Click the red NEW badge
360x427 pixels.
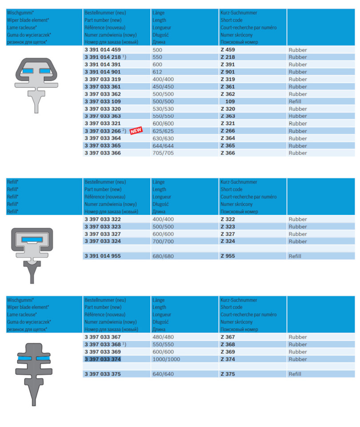click(x=136, y=131)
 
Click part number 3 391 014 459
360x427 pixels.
click(x=102, y=50)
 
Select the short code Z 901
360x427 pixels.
click(x=228, y=72)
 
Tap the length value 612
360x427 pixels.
click(x=157, y=72)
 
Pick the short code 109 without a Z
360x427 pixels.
click(x=230, y=101)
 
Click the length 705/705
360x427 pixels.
click(x=163, y=153)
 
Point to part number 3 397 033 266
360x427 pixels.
click(x=102, y=131)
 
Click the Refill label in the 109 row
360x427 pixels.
click(x=295, y=101)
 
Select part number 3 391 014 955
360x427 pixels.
click(x=102, y=256)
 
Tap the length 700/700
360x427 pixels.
click(x=163, y=242)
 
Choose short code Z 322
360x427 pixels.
click(x=228, y=219)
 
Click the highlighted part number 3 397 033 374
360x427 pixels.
click(x=102, y=359)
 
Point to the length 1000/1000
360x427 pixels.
click(x=166, y=359)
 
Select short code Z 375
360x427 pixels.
click(x=228, y=374)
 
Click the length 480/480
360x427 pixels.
click(x=163, y=337)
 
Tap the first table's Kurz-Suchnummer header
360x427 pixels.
click(x=239, y=13)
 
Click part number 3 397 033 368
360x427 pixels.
click(x=102, y=345)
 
